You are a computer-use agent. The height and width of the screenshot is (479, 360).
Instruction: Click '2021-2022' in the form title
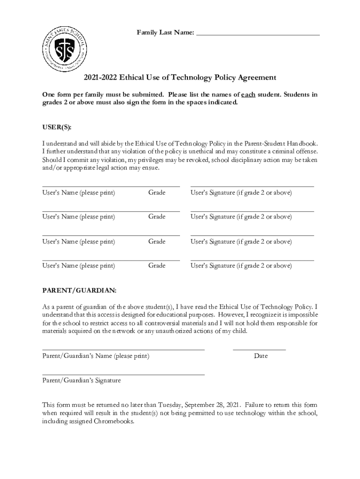pos(100,78)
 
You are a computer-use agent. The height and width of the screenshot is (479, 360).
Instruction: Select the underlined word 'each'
pos(248,94)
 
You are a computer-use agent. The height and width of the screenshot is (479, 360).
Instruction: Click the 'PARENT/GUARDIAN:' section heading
pos(79,290)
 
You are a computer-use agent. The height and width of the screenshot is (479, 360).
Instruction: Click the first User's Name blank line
pos(111,186)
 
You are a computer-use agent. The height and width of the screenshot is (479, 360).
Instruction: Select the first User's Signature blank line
pos(252,186)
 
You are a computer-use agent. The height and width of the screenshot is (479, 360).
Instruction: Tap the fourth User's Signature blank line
pos(252,260)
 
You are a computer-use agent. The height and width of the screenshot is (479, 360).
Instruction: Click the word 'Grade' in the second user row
pos(157,217)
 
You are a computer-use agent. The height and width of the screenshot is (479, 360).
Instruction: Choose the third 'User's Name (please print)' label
pos(79,241)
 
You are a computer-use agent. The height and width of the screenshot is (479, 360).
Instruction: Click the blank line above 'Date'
pos(259,349)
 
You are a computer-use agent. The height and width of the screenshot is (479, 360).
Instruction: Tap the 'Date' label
pos(261,356)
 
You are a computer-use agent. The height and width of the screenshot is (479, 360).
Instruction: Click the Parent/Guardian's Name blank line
pos(123,349)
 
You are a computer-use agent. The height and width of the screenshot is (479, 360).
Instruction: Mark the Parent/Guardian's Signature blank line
pos(123,374)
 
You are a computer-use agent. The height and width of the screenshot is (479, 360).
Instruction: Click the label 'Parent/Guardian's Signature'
pos(81,381)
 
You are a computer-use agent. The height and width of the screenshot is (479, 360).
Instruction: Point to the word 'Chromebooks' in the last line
pos(114,421)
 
